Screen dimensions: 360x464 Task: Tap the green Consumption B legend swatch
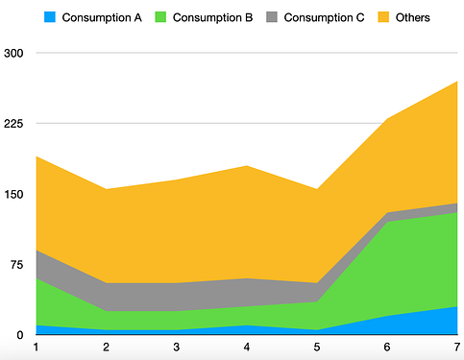[159, 17]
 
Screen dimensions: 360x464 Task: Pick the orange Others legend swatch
[383, 17]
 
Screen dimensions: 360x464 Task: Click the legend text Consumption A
[102, 17]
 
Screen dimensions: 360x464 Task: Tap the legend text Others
[413, 17]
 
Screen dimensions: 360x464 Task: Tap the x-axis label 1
[36, 347]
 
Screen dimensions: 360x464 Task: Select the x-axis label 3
[176, 347]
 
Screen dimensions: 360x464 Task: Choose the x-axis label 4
[247, 347]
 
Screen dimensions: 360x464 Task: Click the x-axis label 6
[387, 347]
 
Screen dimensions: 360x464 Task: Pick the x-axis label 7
[457, 347]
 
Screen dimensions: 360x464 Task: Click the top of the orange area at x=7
[457, 82]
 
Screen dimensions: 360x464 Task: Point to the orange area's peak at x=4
[247, 166]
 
